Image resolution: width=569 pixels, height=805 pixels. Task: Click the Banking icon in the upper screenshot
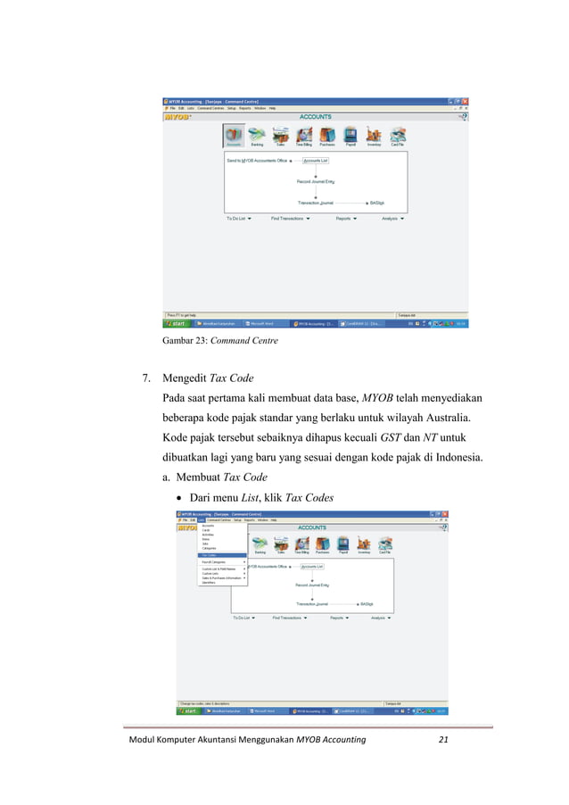(x=257, y=136)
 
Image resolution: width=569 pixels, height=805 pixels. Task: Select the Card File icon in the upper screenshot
(x=398, y=136)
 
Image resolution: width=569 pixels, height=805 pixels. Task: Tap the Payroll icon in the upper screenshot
(x=350, y=136)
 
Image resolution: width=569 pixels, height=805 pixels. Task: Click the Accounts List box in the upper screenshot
(x=315, y=161)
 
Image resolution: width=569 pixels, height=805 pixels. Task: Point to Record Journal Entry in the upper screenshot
(x=316, y=181)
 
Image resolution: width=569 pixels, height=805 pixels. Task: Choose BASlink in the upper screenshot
(x=377, y=203)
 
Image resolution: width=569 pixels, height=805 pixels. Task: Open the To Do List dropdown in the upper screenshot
(x=238, y=218)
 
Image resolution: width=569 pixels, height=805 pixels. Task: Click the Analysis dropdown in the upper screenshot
(x=392, y=218)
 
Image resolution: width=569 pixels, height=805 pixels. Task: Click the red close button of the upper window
(x=465, y=101)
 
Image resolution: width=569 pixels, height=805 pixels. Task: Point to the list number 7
(x=146, y=378)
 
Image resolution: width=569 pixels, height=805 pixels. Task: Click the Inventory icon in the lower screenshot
(x=363, y=545)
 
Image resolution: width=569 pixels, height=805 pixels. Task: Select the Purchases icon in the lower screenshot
(x=317, y=545)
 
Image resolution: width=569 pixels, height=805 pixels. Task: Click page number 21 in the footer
(x=444, y=742)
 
